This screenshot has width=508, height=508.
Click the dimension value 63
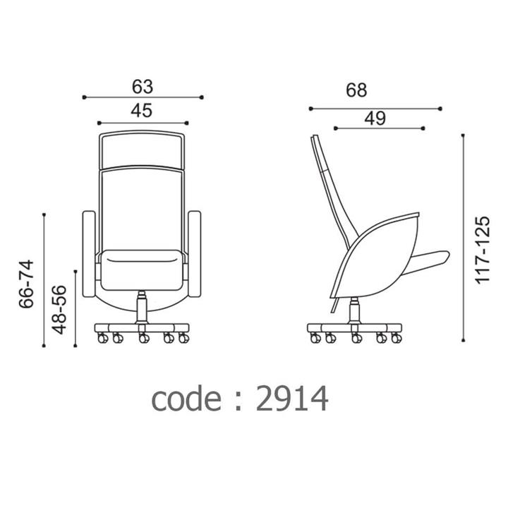(143, 87)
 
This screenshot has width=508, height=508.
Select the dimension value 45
(142, 111)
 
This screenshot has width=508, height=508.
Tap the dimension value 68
(356, 90)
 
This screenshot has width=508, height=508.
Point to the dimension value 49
(375, 119)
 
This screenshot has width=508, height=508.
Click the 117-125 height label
(483, 250)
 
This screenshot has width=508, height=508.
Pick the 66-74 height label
(27, 284)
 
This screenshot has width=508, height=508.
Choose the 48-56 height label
(59, 310)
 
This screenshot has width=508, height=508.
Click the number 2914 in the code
(292, 399)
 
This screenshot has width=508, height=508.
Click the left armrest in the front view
(89, 254)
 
